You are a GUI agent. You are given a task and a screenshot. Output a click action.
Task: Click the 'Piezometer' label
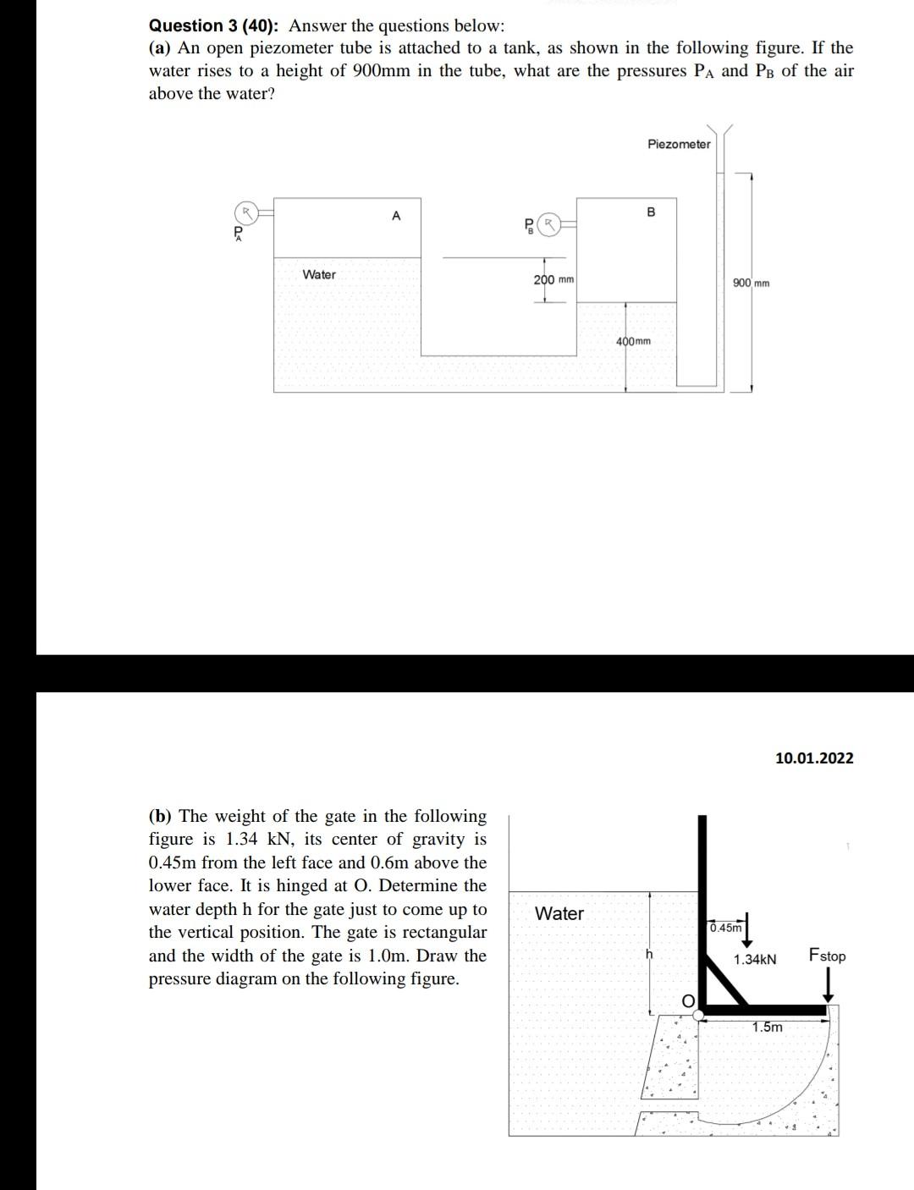coord(679,145)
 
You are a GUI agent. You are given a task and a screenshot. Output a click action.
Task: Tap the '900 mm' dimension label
coord(751,283)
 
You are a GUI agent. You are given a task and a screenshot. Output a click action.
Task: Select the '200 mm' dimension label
coord(553,279)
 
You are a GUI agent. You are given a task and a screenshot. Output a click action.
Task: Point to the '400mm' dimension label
coord(633,341)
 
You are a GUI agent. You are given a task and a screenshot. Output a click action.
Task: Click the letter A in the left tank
coord(395,216)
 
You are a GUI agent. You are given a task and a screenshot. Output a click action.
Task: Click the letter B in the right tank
coord(650,212)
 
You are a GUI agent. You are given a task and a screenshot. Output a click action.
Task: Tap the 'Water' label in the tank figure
coord(319,274)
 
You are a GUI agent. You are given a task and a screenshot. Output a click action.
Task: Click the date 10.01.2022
coord(814,758)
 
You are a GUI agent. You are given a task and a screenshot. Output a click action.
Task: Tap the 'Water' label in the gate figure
coord(559,913)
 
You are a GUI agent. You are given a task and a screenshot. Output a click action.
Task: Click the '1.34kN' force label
coord(755,960)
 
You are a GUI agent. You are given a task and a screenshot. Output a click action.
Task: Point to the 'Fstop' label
coord(827,956)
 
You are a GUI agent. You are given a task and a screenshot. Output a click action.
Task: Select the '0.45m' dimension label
coord(725,927)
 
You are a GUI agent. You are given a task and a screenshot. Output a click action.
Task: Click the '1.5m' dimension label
coord(768,1027)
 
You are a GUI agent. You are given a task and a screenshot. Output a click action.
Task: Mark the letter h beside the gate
coord(649,954)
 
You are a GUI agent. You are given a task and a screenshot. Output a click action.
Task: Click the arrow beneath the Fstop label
coord(829,983)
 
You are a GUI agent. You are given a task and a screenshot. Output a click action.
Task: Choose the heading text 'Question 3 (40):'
coord(216,25)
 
